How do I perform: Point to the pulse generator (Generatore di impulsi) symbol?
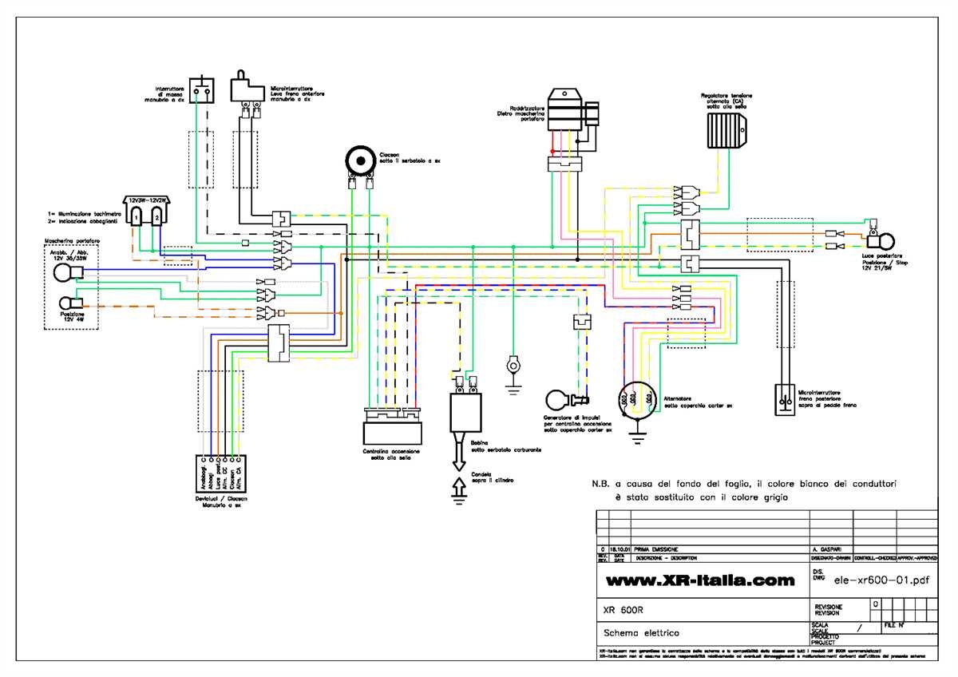559,398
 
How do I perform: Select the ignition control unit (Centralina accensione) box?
392,431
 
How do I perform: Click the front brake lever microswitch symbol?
246,89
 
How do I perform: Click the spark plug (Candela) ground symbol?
459,489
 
